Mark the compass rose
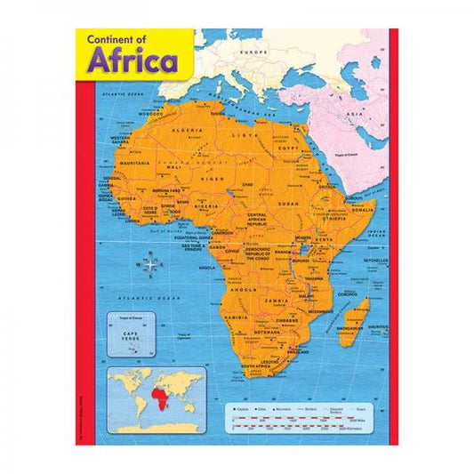(x=151, y=262)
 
